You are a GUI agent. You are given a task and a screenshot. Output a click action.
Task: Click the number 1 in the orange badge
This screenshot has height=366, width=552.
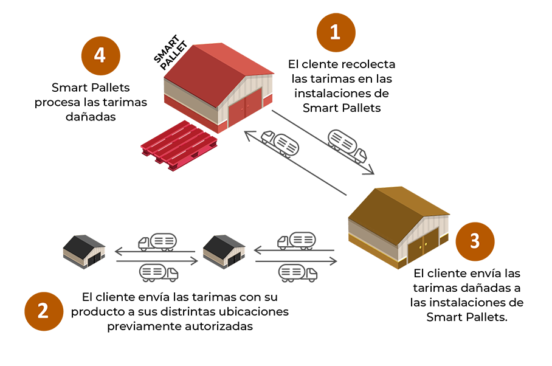pos(334,32)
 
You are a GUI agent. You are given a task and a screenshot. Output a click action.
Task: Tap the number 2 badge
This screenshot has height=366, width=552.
pos(43,311)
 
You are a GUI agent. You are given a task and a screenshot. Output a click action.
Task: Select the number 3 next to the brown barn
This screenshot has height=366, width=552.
pos(475,241)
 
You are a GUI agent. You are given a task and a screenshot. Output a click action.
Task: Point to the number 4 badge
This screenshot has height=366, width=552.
pos(100,55)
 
